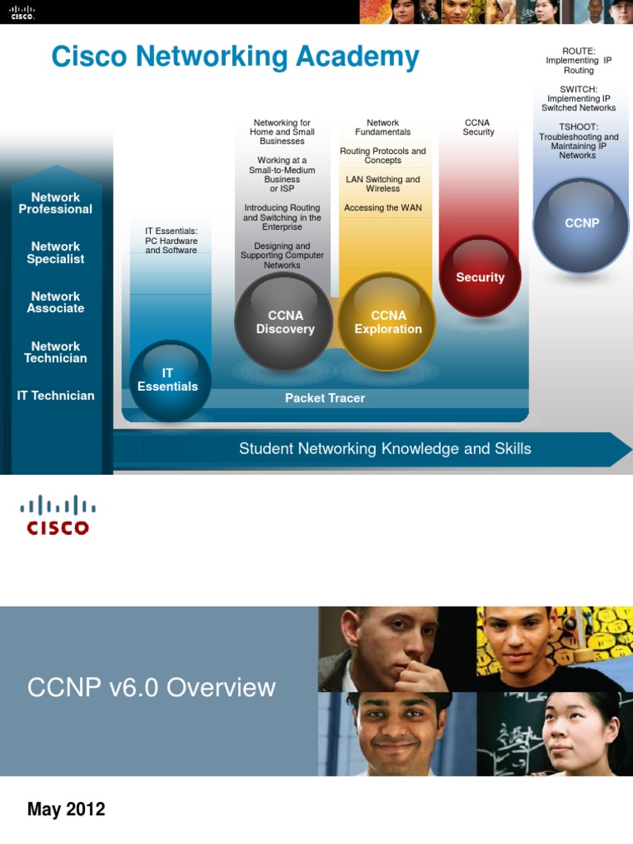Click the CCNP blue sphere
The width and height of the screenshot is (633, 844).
point(581,224)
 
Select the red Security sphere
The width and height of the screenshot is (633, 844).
point(480,277)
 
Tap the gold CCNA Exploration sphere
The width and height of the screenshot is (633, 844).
point(387,322)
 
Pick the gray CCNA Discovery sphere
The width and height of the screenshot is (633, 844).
point(284,322)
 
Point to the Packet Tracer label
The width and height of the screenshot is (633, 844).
point(325,398)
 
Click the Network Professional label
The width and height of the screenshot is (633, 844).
point(55,204)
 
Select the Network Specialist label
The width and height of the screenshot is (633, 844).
point(55,252)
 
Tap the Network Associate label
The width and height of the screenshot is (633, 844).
point(55,302)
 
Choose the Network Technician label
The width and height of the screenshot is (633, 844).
point(55,353)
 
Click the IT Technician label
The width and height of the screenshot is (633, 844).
point(55,396)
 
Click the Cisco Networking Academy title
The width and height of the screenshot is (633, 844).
point(235,58)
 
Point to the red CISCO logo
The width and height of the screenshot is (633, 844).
point(58,516)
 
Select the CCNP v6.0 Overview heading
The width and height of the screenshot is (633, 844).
point(152,687)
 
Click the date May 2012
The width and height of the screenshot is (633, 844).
point(66,809)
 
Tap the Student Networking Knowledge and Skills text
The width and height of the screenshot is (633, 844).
point(385,449)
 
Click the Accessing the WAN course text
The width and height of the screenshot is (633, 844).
point(382,208)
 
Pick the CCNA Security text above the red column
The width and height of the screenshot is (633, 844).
point(478,128)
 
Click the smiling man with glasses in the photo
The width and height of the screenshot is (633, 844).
point(394,731)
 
